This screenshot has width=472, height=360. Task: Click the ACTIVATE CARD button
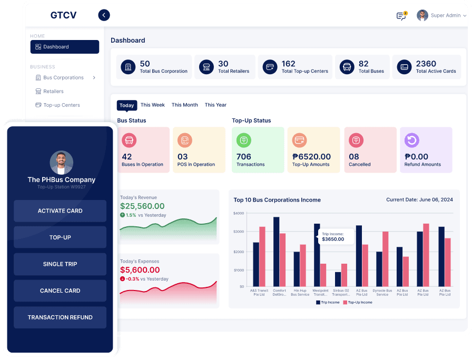(60, 211)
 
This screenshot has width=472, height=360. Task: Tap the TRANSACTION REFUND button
(60, 317)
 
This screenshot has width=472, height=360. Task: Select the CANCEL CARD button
(60, 291)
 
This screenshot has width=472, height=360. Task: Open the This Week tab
(153, 105)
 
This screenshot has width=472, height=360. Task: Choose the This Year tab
(215, 105)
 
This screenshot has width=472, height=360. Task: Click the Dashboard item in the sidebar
(64, 47)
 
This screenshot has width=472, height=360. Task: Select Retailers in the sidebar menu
(53, 91)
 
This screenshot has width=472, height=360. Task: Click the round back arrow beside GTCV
(104, 15)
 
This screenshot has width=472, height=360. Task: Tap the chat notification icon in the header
(401, 16)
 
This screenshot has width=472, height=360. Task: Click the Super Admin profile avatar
(422, 15)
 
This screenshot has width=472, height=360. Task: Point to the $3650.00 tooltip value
(333, 239)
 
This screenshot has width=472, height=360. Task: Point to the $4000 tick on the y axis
(238, 213)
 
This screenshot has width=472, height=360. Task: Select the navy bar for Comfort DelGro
(276, 252)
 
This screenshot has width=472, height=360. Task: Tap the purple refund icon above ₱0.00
(411, 140)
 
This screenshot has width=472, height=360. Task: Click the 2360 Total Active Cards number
(426, 64)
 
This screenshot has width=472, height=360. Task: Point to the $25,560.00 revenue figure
(142, 206)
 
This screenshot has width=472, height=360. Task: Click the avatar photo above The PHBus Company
(61, 163)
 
